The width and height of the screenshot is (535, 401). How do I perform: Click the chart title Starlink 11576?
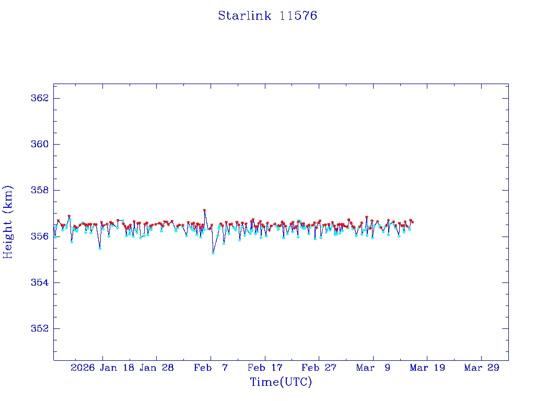pyautogui.click(x=267, y=16)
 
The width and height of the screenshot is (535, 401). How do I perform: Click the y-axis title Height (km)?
pyautogui.click(x=8, y=222)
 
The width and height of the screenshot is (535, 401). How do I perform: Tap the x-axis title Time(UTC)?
pyautogui.click(x=281, y=382)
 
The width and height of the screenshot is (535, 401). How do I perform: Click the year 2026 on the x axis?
pyautogui.click(x=83, y=368)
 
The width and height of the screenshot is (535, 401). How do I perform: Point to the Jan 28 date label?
pyautogui.click(x=156, y=368)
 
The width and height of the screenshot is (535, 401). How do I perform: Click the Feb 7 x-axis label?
pyautogui.click(x=211, y=368)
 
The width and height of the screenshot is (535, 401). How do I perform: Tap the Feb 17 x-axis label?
pyautogui.click(x=265, y=368)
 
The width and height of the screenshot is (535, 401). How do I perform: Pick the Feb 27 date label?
pyautogui.click(x=319, y=368)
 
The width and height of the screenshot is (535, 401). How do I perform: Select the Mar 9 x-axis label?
pyautogui.click(x=373, y=368)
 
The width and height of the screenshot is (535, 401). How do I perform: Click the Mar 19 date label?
pyautogui.click(x=427, y=368)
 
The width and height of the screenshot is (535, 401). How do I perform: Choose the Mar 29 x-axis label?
pyautogui.click(x=482, y=368)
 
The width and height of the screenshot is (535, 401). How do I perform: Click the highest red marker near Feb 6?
pyautogui.click(x=204, y=210)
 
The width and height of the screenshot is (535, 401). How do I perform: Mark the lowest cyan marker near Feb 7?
pyautogui.click(x=213, y=253)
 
